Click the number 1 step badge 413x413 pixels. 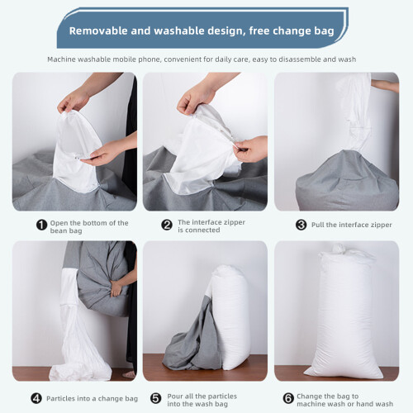(x=41, y=225)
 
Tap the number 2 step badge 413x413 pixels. (x=167, y=225)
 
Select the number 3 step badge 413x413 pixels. (x=301, y=225)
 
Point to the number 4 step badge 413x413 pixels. (x=36, y=398)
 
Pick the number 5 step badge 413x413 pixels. (x=156, y=398)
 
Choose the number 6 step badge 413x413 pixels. (x=288, y=398)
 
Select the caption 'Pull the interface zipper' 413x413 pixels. (x=352, y=225)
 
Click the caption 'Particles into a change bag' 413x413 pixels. (x=92, y=399)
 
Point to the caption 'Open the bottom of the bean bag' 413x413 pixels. (x=89, y=226)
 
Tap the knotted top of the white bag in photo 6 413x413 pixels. (x=342, y=249)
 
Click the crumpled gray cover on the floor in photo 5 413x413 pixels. (x=190, y=344)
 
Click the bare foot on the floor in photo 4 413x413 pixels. (x=129, y=374)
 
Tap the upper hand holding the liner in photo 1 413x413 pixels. (x=73, y=101)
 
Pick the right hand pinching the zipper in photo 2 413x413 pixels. (x=250, y=149)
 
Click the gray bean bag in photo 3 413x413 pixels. (x=347, y=182)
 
